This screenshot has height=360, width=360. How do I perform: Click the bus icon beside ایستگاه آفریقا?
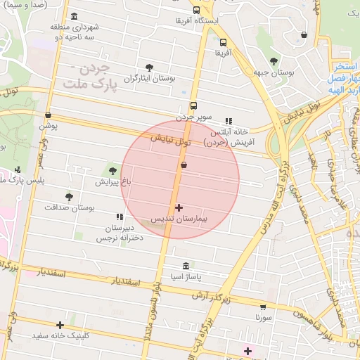(196, 11)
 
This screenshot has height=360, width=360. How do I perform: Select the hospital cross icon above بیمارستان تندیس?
(179, 207)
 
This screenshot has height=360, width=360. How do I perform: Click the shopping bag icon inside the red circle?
(184, 165)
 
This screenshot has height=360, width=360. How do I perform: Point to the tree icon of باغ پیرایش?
(112, 170)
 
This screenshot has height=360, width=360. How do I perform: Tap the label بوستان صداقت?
(69, 209)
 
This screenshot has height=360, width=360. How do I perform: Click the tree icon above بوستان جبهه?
(273, 60)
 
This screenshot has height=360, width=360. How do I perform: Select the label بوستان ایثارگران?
(149, 79)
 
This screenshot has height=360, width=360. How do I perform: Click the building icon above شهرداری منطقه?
(75, 16)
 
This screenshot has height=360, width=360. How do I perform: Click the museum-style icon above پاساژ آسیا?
(186, 266)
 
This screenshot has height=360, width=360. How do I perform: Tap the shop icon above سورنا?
(263, 307)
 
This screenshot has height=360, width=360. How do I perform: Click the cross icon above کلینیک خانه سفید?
(60, 325)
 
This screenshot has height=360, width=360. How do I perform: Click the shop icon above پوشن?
(48, 115)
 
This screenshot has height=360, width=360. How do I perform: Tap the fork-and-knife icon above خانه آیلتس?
(228, 121)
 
